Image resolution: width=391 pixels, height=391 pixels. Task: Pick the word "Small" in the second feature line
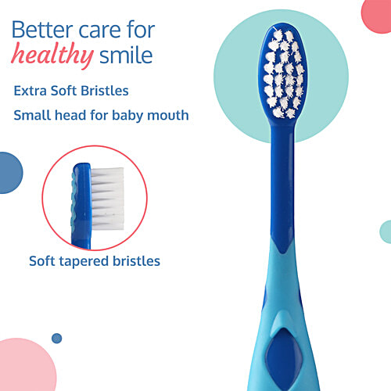pyautogui.click(x=34, y=116)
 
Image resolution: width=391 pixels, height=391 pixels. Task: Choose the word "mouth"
pyautogui.click(x=170, y=116)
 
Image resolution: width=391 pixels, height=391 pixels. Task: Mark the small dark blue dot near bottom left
pyautogui.click(x=56, y=338)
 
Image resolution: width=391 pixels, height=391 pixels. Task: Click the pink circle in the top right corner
pyautogui.click(x=377, y=16)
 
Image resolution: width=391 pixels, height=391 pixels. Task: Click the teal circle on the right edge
pyautogui.click(x=386, y=231)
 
